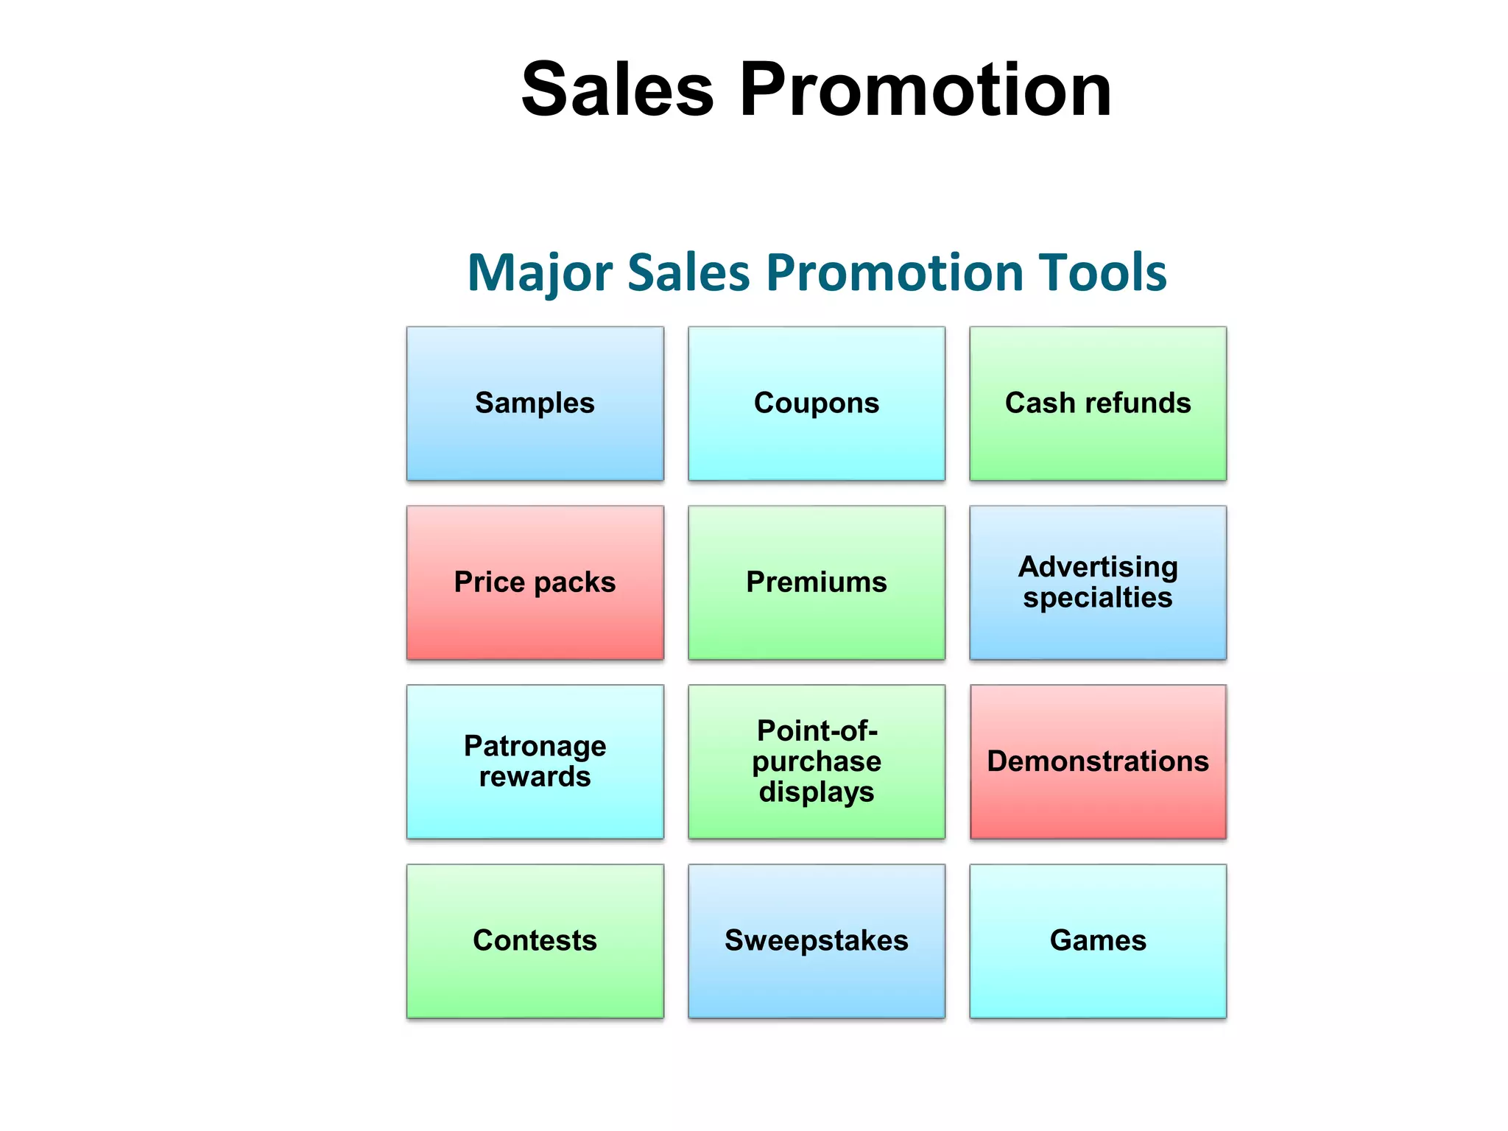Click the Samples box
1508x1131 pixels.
[535, 404]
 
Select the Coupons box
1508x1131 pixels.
[816, 404]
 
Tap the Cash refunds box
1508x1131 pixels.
[1097, 404]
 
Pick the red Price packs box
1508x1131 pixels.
[535, 582]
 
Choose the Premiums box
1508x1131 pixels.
[816, 582]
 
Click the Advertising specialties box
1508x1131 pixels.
[1097, 582]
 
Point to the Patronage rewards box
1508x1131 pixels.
[535, 761]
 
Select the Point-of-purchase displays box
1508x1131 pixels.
[816, 761]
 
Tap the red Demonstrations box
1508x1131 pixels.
[1097, 761]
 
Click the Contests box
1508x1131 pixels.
[535, 941]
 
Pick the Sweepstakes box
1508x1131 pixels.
[816, 941]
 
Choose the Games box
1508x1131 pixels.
[1097, 941]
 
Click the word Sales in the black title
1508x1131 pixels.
[617, 90]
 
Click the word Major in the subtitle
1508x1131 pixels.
[540, 273]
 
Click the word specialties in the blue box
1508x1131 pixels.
[1097, 598]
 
